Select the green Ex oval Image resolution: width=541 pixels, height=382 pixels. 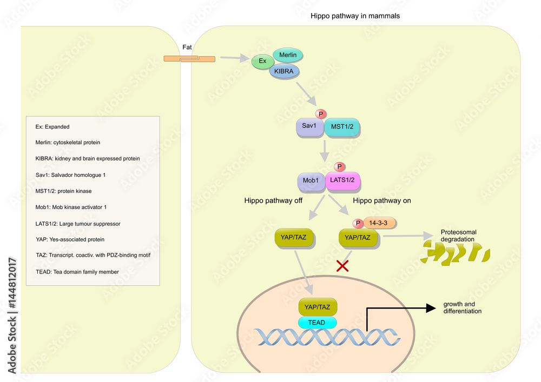(x=262, y=61)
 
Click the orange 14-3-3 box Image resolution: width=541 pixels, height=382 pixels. (x=382, y=222)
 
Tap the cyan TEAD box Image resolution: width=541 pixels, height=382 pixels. (x=317, y=323)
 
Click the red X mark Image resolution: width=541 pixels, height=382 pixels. (x=342, y=265)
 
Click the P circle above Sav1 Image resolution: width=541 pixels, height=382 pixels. (x=321, y=114)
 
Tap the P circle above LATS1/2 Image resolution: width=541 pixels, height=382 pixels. (x=339, y=167)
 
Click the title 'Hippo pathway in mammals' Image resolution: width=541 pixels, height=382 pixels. (x=355, y=16)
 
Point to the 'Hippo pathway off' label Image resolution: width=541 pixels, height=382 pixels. (x=273, y=200)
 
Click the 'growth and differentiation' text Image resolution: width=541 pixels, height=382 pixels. (x=462, y=307)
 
